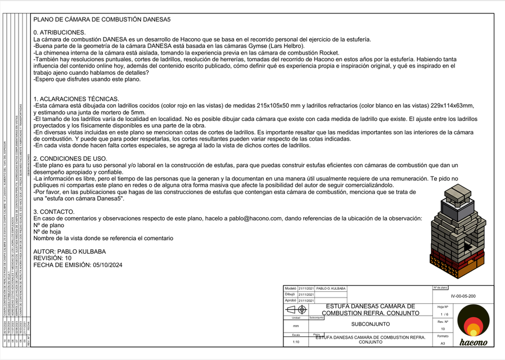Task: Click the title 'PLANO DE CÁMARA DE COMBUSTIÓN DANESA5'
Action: pos(102,20)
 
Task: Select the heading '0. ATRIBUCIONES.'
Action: pos(60,33)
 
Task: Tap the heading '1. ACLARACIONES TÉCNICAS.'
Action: pos(76,99)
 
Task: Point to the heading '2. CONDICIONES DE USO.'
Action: pos(70,159)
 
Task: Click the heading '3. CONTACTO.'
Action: pos(54,211)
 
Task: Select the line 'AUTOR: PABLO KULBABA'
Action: pos(70,251)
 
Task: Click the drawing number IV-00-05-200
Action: pos(463,296)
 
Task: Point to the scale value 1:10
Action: pos(296,341)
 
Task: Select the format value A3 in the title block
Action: pos(443,343)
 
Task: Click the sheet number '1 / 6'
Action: pos(444,314)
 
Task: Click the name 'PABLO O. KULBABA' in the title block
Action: pos(331,288)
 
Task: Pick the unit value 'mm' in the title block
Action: pos(296,326)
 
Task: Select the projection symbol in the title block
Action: pos(296,309)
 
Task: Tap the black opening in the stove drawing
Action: pos(466,245)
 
